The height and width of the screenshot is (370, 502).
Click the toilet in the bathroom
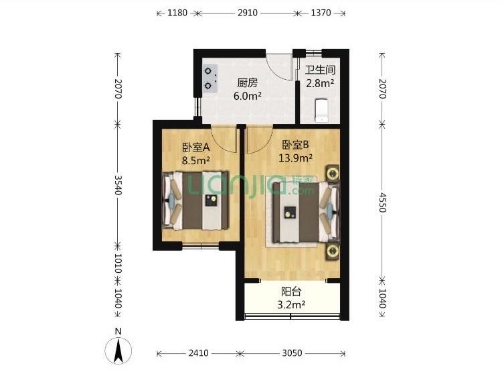pos(322,111)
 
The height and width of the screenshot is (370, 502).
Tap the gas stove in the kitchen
pos(210,78)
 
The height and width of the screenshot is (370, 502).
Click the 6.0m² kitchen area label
pos(248,96)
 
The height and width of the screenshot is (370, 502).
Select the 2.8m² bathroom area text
pos(320,83)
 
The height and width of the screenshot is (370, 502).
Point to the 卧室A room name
pos(196,147)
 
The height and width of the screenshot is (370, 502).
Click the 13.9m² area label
pos(295,158)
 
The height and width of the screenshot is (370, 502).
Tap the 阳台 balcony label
pos(291,292)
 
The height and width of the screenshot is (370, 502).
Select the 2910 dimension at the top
pos(248,13)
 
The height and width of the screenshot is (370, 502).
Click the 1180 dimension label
pos(177,13)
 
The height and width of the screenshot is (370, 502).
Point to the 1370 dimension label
pos(321,13)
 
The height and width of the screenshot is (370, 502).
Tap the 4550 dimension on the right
pos(382,202)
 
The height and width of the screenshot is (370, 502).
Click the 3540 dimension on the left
pos(118,185)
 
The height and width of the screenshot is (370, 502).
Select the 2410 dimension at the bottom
pos(199,353)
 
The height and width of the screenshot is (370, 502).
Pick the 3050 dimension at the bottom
pos(292,353)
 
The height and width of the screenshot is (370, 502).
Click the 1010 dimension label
pos(118,263)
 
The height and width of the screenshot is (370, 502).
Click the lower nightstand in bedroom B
pos(333,251)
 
